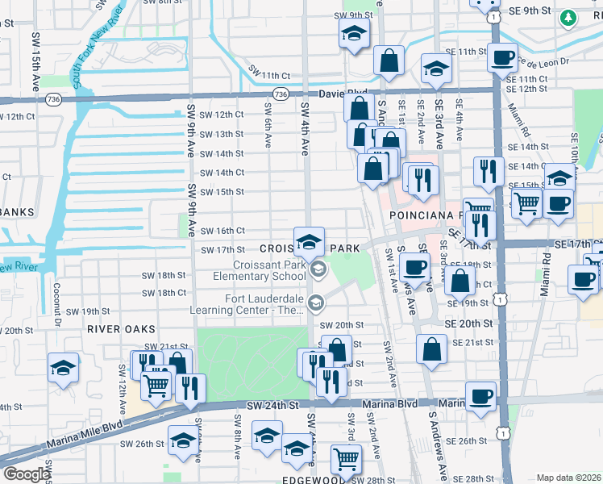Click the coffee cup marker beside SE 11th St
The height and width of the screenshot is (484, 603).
(503, 57)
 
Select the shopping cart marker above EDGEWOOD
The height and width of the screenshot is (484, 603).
(346, 458)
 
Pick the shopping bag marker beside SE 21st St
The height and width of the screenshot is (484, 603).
(432, 348)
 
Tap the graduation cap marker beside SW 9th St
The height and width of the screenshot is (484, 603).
(351, 34)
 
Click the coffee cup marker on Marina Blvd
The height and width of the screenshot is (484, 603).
(480, 396)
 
